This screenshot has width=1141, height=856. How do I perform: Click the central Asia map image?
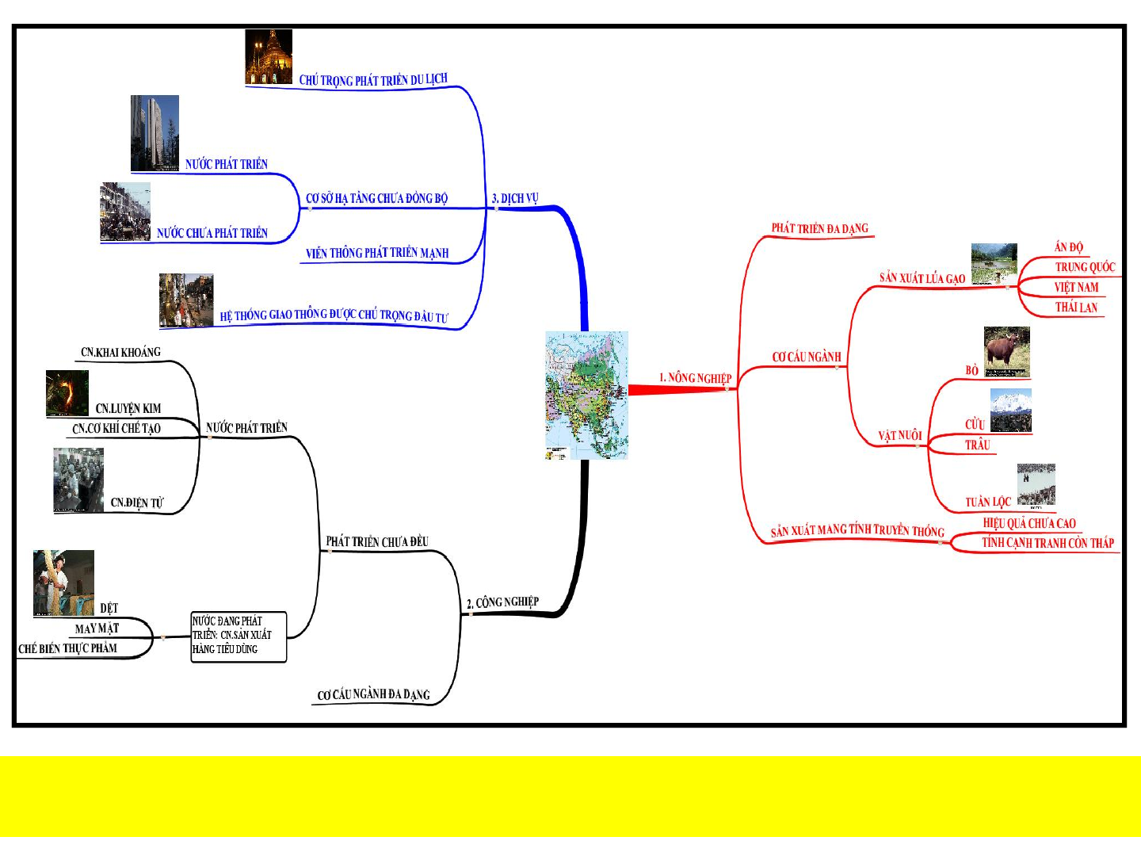click(586, 395)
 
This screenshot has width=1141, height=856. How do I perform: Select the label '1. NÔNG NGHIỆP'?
click(695, 378)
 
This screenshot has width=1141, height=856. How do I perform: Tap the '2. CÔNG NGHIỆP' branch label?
click(502, 602)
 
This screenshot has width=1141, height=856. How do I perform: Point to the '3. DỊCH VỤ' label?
click(515, 198)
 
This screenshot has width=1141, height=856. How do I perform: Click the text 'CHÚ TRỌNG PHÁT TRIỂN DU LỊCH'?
click(373, 80)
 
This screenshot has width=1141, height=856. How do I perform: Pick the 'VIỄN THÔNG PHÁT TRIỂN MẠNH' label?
click(377, 253)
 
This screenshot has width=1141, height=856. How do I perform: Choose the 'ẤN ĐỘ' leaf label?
click(1068, 247)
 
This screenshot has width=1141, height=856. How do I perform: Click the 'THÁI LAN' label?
click(1076, 308)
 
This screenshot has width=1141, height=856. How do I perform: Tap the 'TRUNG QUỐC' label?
click(1085, 267)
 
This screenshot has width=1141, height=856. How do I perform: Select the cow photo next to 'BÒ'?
click(1007, 351)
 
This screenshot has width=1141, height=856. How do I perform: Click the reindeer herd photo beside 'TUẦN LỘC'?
click(1036, 485)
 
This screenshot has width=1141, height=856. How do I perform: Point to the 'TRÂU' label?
click(978, 445)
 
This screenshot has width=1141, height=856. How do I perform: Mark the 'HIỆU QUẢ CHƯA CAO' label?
click(1029, 523)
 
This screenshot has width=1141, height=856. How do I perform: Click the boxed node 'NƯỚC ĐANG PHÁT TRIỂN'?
click(238, 636)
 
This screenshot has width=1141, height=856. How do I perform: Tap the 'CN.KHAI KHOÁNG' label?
click(120, 353)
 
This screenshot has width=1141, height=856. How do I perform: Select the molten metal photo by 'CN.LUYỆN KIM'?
click(67, 393)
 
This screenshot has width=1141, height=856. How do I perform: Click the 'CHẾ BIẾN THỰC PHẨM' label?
click(68, 648)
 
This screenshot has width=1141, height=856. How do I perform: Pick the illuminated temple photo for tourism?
click(269, 57)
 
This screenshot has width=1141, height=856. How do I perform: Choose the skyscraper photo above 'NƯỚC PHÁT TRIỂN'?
click(155, 132)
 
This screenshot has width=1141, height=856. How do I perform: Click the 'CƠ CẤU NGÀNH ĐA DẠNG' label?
click(373, 695)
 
